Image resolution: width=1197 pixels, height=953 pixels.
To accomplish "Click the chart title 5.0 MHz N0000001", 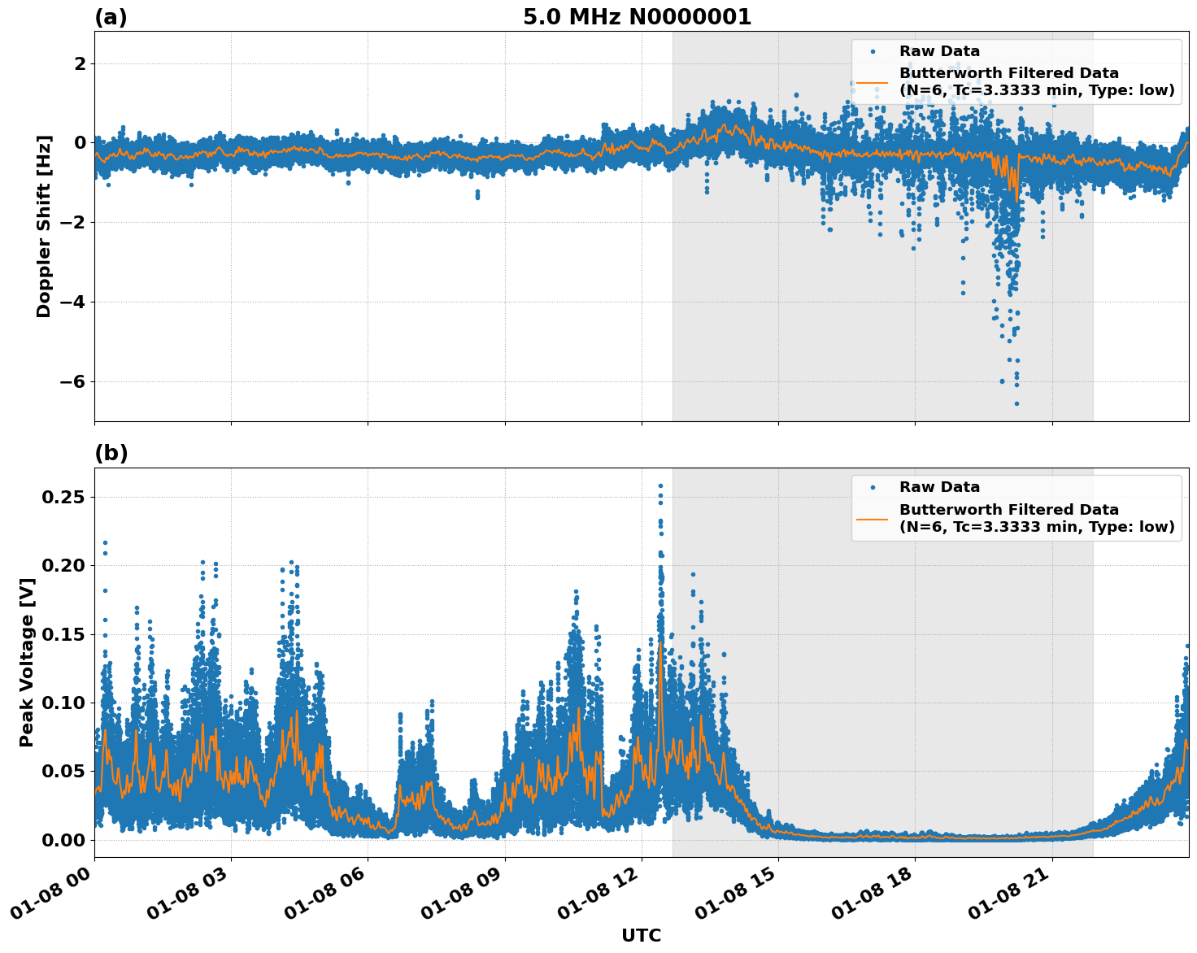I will pyautogui.click(x=637, y=17).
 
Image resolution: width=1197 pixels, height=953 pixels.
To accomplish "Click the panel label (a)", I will pyautogui.click(x=111, y=17).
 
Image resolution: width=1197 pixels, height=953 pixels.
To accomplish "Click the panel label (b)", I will pyautogui.click(x=111, y=453).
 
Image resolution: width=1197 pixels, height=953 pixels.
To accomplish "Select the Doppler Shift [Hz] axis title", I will pyautogui.click(x=44, y=226).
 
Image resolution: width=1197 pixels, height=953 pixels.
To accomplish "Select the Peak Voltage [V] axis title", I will pyautogui.click(x=27, y=680).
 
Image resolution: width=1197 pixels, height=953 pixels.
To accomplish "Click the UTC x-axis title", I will pyautogui.click(x=641, y=935).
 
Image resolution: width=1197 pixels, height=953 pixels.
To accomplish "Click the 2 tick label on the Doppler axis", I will pyautogui.click(x=81, y=63).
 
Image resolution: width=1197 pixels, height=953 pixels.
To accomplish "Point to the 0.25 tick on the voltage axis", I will pyautogui.click(x=67, y=497).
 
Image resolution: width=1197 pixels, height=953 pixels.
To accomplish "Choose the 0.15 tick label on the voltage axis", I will pyautogui.click(x=67, y=634).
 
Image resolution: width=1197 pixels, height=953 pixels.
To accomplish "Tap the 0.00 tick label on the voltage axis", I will pyautogui.click(x=67, y=840).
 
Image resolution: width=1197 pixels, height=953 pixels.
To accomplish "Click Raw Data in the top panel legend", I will pyautogui.click(x=939, y=51).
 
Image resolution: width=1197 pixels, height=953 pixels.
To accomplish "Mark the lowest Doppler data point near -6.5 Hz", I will pyautogui.click(x=1016, y=403).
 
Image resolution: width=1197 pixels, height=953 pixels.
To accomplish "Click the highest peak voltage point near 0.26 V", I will pyautogui.click(x=660, y=486).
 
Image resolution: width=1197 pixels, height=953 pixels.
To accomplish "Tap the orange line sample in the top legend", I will pyautogui.click(x=872, y=81).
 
